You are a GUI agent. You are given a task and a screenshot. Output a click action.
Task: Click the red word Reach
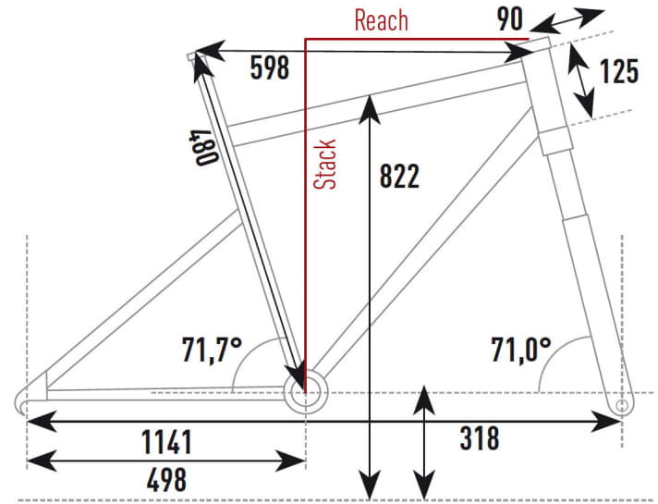coord(382,20)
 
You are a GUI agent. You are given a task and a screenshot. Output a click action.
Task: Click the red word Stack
coord(325,165)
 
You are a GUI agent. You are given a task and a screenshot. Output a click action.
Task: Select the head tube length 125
coord(618,70)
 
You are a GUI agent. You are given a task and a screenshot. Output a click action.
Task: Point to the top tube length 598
coord(270,68)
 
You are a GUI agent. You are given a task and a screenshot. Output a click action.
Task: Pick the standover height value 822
coord(399,176)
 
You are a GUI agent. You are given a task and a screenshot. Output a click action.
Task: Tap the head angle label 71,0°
coord(520,350)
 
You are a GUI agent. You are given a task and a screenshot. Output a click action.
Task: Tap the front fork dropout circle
coord(621,405)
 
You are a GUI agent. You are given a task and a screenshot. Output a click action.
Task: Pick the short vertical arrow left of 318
coord(423,440)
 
